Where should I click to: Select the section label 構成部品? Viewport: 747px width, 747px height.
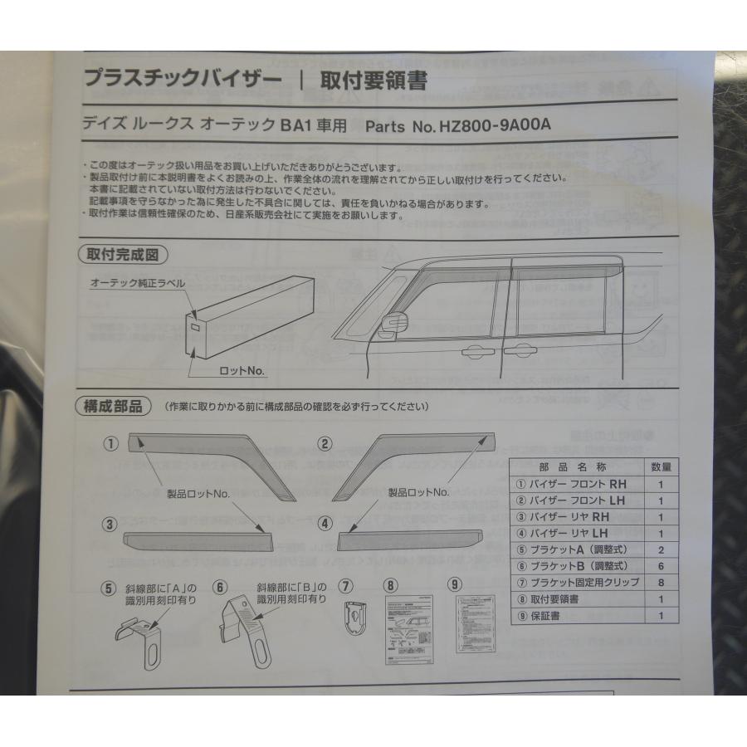pyautogui.click(x=113, y=406)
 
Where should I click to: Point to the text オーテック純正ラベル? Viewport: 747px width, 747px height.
pyautogui.click(x=138, y=284)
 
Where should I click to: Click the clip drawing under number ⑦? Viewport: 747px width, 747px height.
pyautogui.click(x=356, y=617)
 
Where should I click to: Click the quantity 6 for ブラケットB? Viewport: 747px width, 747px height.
pyautogui.click(x=661, y=565)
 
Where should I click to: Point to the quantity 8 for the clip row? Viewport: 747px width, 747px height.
pyautogui.click(x=661, y=582)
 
